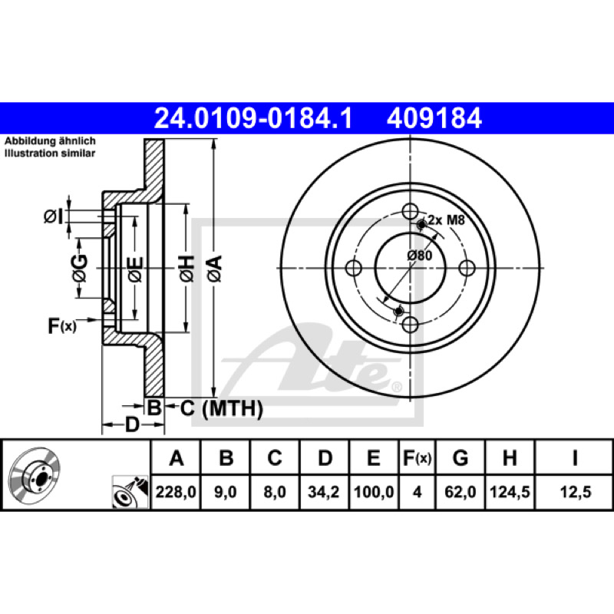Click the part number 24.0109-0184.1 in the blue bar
(x=253, y=118)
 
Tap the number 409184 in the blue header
(x=434, y=118)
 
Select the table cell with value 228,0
(x=176, y=492)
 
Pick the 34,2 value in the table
(x=323, y=492)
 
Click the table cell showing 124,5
(x=510, y=492)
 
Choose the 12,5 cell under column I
(x=575, y=492)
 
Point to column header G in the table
(x=460, y=457)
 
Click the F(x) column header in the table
(x=417, y=457)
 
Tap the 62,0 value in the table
(x=460, y=492)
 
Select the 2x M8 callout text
(x=446, y=220)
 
